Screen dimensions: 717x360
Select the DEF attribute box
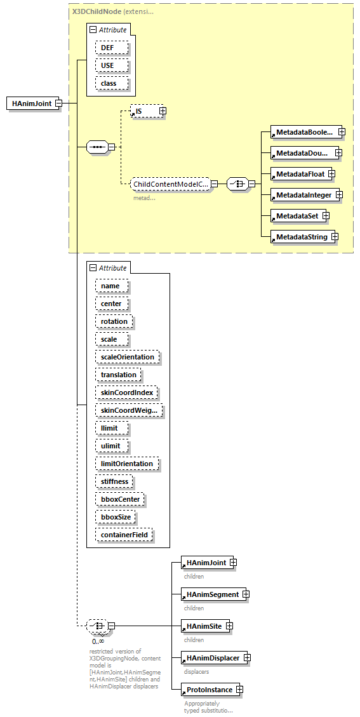(x=112, y=48)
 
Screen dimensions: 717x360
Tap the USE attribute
(x=112, y=65)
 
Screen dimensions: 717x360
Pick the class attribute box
(x=112, y=83)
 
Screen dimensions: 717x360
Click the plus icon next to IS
(x=163, y=111)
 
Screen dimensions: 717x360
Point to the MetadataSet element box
(x=296, y=216)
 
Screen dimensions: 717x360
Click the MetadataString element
(x=301, y=237)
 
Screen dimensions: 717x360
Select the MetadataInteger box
(x=303, y=195)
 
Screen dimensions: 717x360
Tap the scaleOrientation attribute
(x=128, y=357)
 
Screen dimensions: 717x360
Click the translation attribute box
(x=119, y=375)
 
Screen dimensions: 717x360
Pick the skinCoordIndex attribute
(x=127, y=392)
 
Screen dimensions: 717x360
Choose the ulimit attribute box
(x=111, y=446)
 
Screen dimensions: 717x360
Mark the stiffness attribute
(x=114, y=481)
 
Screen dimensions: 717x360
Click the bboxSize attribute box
(x=116, y=517)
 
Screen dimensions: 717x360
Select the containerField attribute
(x=124, y=535)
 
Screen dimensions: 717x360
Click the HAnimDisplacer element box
(x=213, y=658)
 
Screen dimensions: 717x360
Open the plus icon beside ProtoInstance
(x=239, y=690)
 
